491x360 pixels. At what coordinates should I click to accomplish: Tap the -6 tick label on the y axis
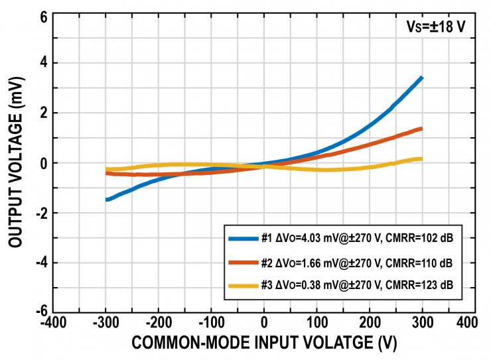40,312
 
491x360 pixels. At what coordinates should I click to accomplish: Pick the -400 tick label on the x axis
54,323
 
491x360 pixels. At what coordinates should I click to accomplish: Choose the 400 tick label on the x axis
466,323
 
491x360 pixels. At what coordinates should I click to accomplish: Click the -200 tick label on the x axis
158,323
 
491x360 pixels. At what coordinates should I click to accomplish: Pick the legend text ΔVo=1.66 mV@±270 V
328,263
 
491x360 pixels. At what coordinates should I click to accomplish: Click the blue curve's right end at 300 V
421,78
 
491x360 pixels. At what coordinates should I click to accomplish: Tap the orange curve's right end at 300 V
421,129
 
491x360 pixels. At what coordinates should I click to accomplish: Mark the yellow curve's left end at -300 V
107,169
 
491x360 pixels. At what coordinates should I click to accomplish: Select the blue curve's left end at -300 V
107,199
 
